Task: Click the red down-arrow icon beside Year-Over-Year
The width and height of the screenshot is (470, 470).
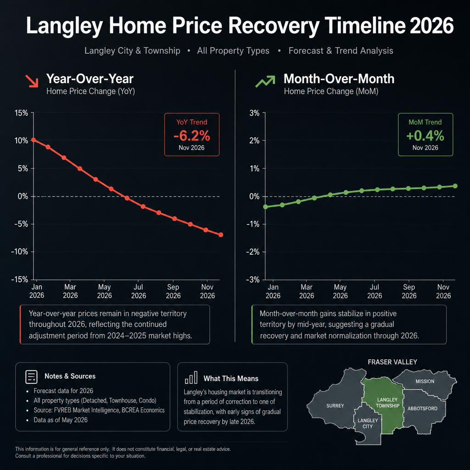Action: pos(32,81)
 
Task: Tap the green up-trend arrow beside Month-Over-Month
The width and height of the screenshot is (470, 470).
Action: pos(265,81)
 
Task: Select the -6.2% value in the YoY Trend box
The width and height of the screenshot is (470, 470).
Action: pos(192,136)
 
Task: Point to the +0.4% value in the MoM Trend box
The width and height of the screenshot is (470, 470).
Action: pos(425,136)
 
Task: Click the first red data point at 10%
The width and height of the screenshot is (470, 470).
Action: pos(34,140)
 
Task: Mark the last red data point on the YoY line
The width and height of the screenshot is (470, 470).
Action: pos(221,235)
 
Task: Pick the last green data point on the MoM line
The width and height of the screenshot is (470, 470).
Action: pos(455,186)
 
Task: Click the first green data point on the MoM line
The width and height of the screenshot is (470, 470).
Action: pos(265,207)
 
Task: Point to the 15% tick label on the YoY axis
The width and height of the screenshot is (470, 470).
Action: pos(21,113)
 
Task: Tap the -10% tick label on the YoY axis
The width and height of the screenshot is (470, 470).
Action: pos(19,252)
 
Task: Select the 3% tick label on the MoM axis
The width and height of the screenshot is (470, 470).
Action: pos(254,113)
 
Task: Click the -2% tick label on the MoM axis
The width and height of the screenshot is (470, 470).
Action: pos(253,252)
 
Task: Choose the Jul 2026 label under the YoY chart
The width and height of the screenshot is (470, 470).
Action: pos(139,291)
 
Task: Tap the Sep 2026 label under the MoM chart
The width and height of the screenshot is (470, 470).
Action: pos(409,291)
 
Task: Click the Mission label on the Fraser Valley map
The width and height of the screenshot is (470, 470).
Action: pos(425,381)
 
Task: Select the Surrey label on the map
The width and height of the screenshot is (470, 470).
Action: pos(335,406)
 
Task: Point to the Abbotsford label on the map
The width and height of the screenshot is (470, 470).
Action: pos(422,408)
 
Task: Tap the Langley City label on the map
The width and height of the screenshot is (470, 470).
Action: pos(368,423)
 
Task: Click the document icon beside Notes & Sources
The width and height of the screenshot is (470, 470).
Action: pos(32,377)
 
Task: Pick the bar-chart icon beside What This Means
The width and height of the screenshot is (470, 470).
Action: pos(191,377)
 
